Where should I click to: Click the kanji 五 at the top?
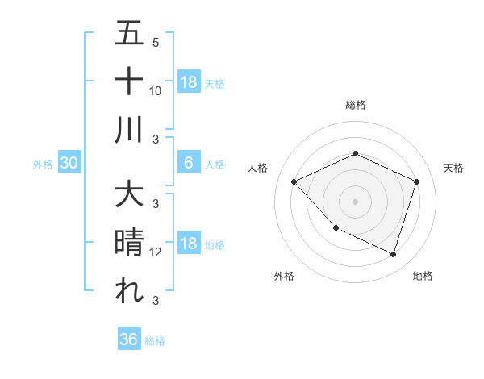(x=129, y=34)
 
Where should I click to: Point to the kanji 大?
(x=129, y=195)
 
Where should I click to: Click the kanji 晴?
(x=129, y=243)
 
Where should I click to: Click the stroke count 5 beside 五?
(x=156, y=42)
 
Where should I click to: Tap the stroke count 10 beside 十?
(x=156, y=90)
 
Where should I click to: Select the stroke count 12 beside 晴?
(x=156, y=252)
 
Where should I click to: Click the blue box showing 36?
(x=129, y=339)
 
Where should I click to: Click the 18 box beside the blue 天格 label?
(x=189, y=82)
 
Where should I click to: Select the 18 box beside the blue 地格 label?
(x=189, y=244)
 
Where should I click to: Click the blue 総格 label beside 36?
(x=155, y=341)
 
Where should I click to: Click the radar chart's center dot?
(x=355, y=202)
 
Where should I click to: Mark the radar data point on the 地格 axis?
(x=393, y=254)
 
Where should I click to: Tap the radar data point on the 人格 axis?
(x=294, y=182)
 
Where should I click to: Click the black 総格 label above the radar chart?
(x=355, y=105)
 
